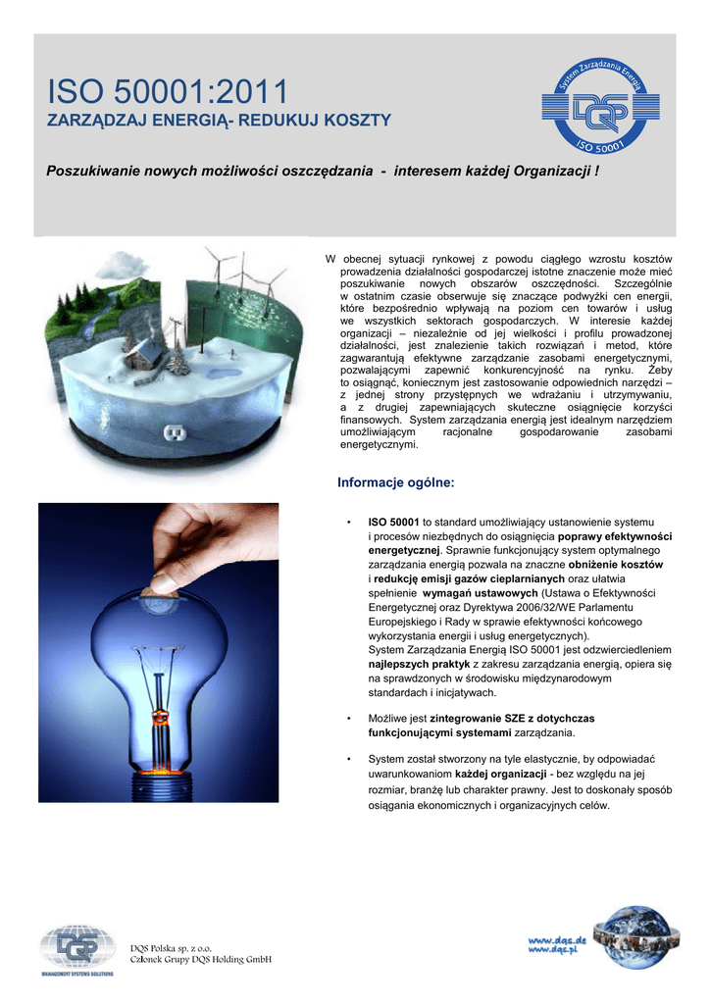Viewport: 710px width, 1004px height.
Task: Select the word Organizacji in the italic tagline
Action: pyautogui.click(x=545, y=172)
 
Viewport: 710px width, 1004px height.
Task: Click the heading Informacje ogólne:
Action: pyautogui.click(x=396, y=482)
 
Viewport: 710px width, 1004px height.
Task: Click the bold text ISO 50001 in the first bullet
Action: pyautogui.click(x=393, y=522)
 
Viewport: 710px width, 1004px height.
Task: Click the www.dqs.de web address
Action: pyautogui.click(x=557, y=939)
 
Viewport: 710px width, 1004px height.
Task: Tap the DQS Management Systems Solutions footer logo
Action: pyautogui.click(x=76, y=949)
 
